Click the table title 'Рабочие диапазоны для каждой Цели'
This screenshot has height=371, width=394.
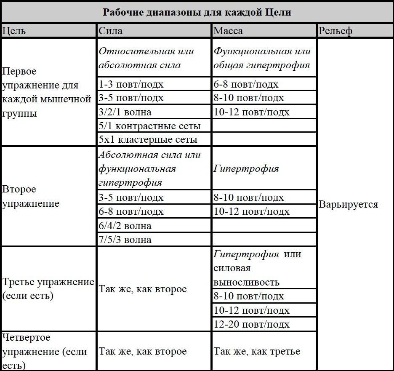point(197,12)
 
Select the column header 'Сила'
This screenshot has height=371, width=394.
point(111,31)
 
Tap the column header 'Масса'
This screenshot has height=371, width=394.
point(228,31)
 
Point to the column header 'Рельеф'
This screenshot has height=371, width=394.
point(335,31)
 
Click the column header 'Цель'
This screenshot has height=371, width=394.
point(14,31)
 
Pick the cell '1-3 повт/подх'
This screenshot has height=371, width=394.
point(131,84)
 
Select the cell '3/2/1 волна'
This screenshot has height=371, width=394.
point(125,112)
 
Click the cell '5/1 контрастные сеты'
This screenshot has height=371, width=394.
point(149,126)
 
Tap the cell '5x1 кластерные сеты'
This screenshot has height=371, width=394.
point(148,139)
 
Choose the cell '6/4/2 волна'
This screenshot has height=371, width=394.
point(125,226)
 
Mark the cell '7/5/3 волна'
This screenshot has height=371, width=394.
point(125,240)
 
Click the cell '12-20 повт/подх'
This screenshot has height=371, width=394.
point(252,324)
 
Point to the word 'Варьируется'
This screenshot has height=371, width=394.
point(349,205)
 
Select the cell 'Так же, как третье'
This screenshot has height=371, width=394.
point(257,351)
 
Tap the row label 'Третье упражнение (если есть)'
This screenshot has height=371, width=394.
point(48,289)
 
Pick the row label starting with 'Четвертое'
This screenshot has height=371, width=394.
point(45,351)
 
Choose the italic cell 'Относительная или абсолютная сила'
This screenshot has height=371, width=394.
point(146,58)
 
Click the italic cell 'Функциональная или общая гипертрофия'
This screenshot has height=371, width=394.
point(262,58)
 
